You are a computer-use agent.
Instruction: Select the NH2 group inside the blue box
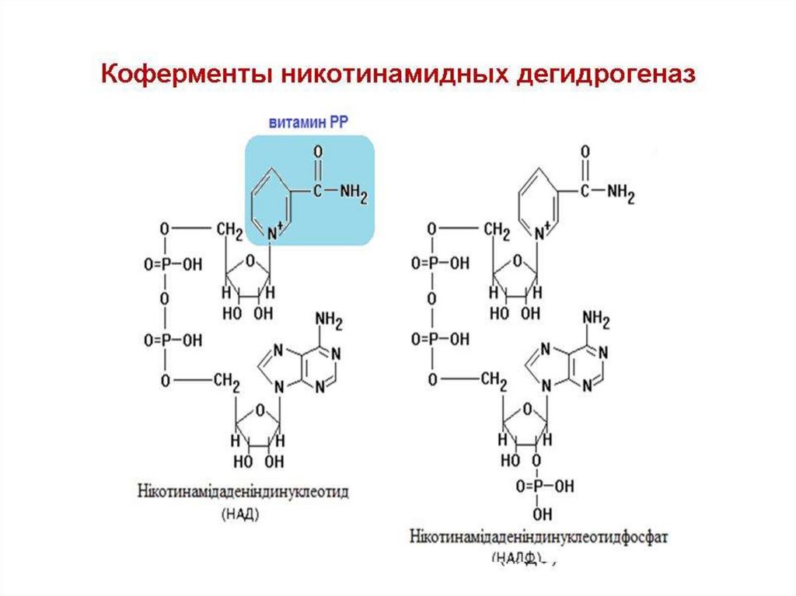(351, 190)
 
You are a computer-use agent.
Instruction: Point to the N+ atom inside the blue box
(273, 230)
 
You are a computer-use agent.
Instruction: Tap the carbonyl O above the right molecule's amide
(585, 151)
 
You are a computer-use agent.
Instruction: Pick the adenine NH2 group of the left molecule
(329, 319)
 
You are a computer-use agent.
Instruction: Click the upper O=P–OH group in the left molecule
(173, 264)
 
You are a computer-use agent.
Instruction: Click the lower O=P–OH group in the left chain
(173, 340)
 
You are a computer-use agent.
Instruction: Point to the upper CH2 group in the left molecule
(229, 230)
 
